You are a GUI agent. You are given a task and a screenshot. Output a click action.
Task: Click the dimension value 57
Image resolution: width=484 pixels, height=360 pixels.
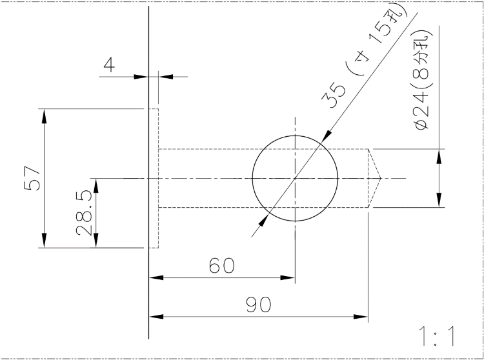click(x=32, y=178)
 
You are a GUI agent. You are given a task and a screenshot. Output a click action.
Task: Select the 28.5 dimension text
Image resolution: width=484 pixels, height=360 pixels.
click(x=84, y=213)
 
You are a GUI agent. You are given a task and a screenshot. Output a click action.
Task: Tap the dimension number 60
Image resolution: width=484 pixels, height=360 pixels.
click(x=221, y=266)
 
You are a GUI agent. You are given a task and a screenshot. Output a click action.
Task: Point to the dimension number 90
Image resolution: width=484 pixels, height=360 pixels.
click(x=258, y=305)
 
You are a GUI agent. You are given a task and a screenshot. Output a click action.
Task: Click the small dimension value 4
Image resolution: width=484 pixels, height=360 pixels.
click(x=109, y=65)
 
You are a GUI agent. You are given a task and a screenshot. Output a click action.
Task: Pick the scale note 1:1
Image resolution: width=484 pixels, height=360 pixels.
click(x=436, y=336)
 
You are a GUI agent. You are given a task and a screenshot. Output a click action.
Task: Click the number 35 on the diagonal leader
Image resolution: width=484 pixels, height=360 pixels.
click(x=334, y=95)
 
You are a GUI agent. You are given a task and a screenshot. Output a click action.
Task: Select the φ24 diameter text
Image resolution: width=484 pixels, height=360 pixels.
click(x=421, y=113)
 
